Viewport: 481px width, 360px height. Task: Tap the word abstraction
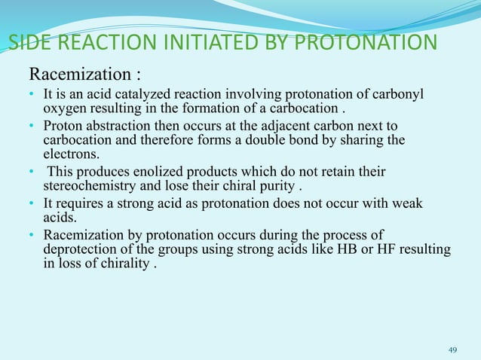(x=110, y=124)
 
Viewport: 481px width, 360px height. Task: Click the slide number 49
(x=453, y=349)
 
